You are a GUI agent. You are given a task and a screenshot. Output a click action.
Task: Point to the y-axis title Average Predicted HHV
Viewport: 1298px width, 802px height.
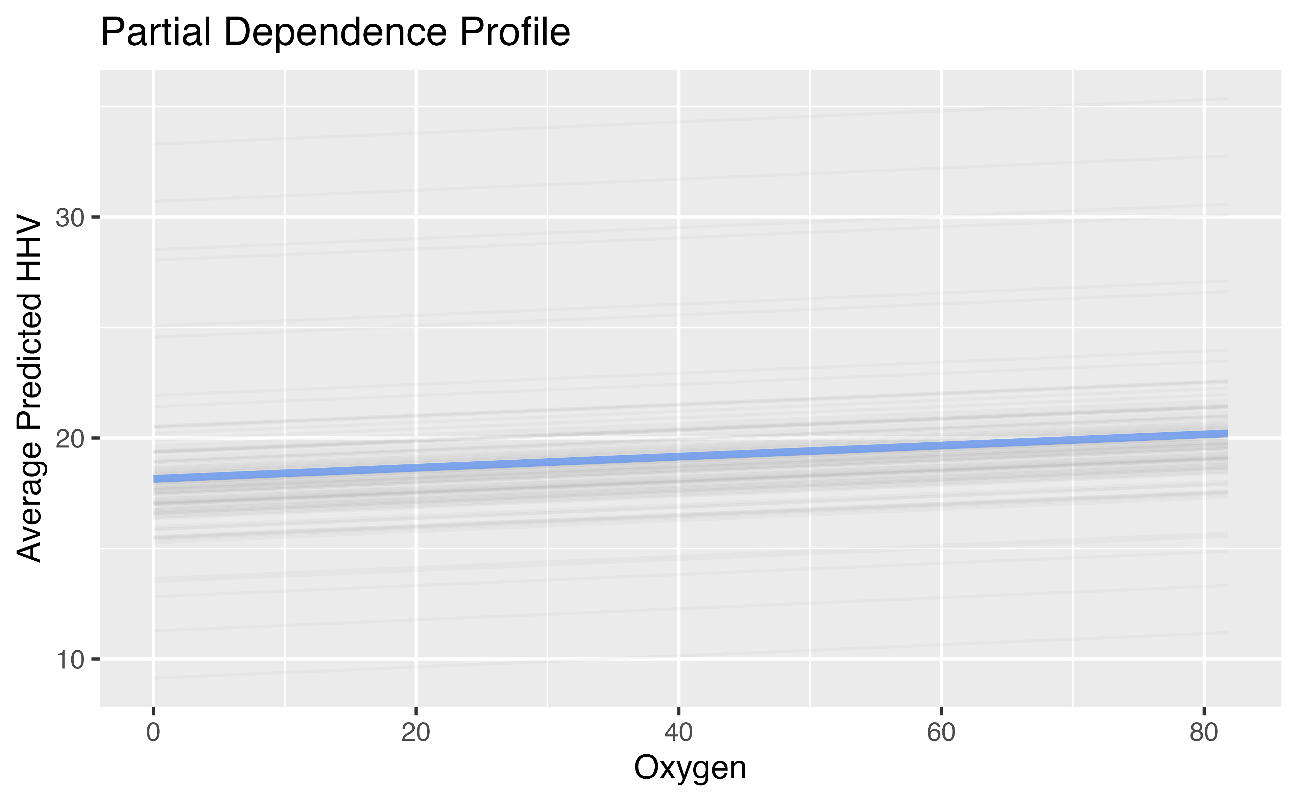click(29, 388)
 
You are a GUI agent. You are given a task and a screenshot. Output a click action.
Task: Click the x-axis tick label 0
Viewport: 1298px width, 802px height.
click(153, 732)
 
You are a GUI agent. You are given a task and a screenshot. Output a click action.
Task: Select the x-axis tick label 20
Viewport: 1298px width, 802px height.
click(416, 732)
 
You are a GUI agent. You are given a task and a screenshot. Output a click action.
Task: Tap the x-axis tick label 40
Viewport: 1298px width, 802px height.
click(678, 732)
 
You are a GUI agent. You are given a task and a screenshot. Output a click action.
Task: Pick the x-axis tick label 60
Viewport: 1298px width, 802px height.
click(941, 732)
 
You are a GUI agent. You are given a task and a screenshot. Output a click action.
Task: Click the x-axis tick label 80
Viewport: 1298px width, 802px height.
click(1204, 732)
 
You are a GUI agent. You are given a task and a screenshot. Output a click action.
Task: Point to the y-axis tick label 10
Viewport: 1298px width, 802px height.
click(70, 659)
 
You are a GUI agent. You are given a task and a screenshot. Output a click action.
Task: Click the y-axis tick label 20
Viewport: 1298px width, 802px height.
click(70, 439)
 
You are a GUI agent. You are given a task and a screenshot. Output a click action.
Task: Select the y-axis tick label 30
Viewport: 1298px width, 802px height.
click(70, 217)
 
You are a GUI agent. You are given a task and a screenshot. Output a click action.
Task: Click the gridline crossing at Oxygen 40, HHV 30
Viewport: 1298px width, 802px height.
click(678, 217)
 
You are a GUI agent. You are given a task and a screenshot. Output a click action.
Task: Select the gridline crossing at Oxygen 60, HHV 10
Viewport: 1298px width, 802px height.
click(941, 659)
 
